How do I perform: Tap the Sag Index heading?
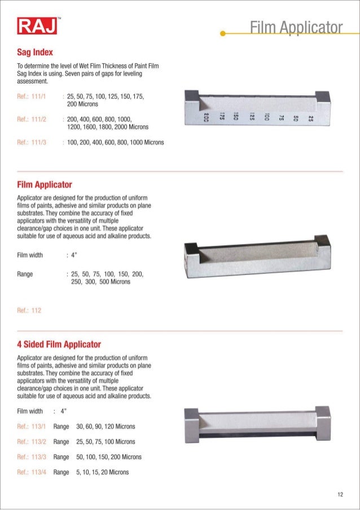point(35,52)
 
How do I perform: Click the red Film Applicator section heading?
point(45,185)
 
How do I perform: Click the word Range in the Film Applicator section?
point(25,274)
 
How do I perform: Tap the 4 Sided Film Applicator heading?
point(59,344)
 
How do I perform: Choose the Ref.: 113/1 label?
point(32,426)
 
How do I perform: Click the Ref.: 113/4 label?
point(32,472)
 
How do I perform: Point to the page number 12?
point(340,495)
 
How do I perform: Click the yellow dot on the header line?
point(223,33)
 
